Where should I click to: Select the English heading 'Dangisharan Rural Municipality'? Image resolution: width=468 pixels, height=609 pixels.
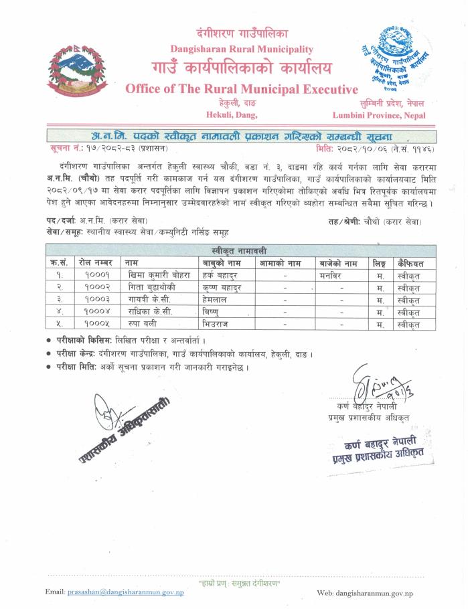[242, 49]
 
